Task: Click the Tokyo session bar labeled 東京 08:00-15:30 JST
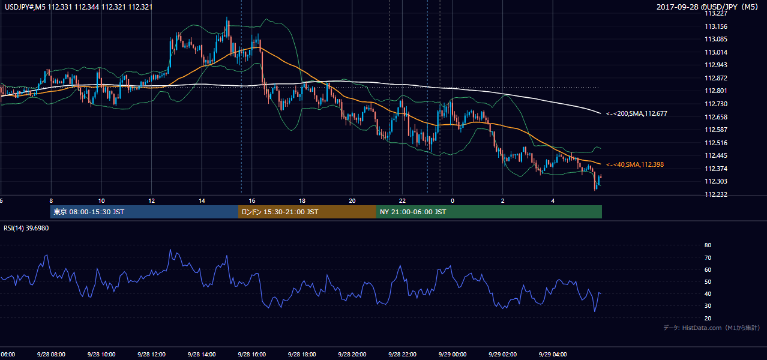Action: click(x=144, y=212)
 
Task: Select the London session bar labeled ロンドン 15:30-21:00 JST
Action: click(x=307, y=212)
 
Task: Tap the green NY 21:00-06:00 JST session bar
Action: click(x=489, y=212)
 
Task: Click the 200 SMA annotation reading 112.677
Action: click(x=637, y=113)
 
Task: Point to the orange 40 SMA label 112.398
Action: click(x=635, y=164)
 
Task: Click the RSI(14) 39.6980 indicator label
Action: click(x=26, y=228)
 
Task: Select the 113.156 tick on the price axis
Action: click(x=716, y=26)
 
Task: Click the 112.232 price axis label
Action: click(x=716, y=194)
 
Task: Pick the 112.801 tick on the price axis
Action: click(x=716, y=91)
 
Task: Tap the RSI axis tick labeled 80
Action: click(x=708, y=245)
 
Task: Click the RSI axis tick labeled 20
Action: click(x=708, y=318)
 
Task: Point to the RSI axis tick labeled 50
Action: click(x=708, y=281)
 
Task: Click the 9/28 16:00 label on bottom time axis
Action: click(x=251, y=355)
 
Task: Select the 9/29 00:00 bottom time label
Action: click(x=453, y=355)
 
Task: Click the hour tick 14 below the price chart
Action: click(x=202, y=201)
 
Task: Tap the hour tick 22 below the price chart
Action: click(x=402, y=201)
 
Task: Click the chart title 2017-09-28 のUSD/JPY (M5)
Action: click(x=707, y=7)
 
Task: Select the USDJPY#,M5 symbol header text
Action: click(x=25, y=7)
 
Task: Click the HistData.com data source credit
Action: click(x=712, y=328)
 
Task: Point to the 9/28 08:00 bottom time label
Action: click(x=51, y=355)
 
